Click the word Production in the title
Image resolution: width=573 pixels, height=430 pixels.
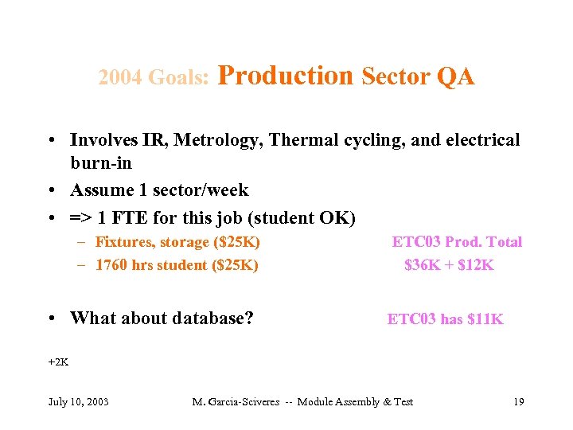[x=284, y=76]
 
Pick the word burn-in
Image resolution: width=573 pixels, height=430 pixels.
[x=101, y=163]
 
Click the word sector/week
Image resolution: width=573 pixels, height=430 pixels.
[x=204, y=190]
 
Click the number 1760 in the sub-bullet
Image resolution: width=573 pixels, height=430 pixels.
[x=112, y=265]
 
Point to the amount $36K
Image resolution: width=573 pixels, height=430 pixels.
[x=422, y=265]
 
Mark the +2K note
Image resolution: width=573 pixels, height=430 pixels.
[x=58, y=362]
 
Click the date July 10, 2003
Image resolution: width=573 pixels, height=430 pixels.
[x=78, y=401]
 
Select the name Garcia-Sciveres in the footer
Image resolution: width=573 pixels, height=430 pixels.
[x=246, y=401]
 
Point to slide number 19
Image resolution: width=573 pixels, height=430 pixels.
[x=518, y=401]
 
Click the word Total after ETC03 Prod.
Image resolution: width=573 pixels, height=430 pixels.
[x=503, y=242]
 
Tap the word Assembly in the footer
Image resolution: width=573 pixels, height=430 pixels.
[x=357, y=401]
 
